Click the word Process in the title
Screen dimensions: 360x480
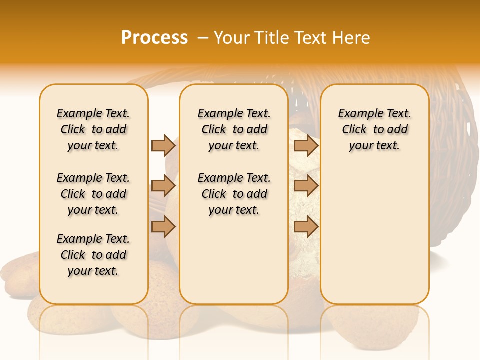pos(154,38)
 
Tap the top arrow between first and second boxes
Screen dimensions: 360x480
pos(163,145)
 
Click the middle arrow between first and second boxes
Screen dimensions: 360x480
pos(163,186)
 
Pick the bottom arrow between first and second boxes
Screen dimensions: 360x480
pos(163,227)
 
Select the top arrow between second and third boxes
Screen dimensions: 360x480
pos(306,145)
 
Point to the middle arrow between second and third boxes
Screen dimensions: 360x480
pos(306,186)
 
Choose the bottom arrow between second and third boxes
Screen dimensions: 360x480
pos(306,227)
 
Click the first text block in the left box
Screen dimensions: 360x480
pos(93,129)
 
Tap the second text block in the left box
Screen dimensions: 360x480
pos(93,194)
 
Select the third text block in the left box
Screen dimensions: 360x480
pos(93,255)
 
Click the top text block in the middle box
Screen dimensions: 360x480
pos(234,129)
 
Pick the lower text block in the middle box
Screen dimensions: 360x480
pos(234,194)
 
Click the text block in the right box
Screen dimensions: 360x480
pos(374,129)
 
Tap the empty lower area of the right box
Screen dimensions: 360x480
pos(374,235)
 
